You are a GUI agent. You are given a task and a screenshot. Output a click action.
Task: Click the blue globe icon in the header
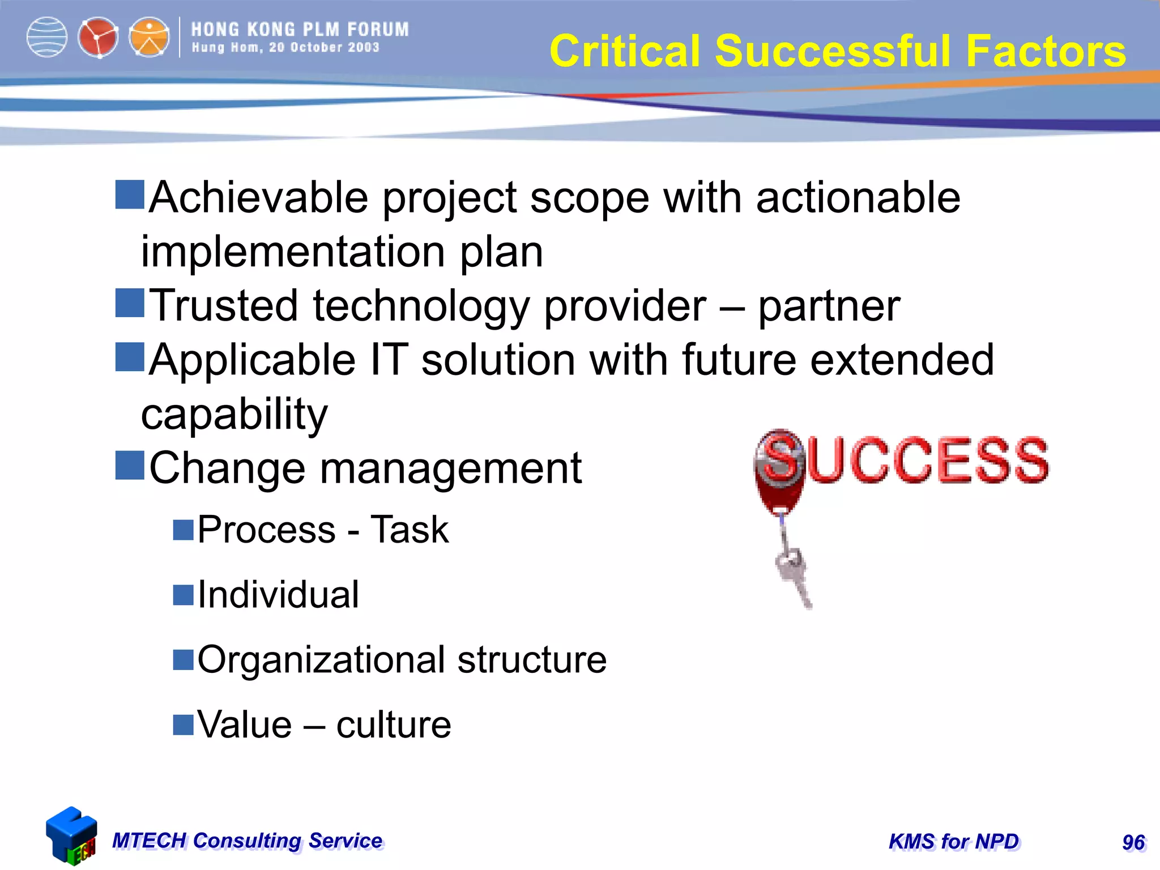click(47, 37)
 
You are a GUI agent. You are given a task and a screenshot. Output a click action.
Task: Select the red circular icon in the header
click(98, 37)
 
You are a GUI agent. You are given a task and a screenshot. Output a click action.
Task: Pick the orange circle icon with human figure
click(149, 37)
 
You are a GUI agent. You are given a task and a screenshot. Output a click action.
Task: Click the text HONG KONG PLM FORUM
click(300, 29)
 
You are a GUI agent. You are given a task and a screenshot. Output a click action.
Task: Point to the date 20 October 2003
click(324, 48)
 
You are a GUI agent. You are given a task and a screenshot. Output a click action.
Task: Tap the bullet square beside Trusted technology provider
click(130, 302)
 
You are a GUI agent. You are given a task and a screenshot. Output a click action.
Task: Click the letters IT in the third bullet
click(389, 360)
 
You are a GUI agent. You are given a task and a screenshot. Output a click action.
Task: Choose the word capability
click(234, 414)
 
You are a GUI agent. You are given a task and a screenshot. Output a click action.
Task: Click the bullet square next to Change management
click(130, 465)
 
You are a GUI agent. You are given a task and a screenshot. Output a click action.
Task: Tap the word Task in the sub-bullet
click(409, 530)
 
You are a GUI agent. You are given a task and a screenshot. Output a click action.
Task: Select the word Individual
click(278, 595)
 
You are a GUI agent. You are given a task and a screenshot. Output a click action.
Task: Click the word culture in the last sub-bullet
click(394, 725)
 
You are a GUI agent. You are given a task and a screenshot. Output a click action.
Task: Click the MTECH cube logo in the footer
click(71, 836)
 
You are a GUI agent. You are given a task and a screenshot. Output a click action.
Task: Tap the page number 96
click(1133, 842)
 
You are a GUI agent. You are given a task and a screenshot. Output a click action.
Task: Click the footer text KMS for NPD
click(954, 842)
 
